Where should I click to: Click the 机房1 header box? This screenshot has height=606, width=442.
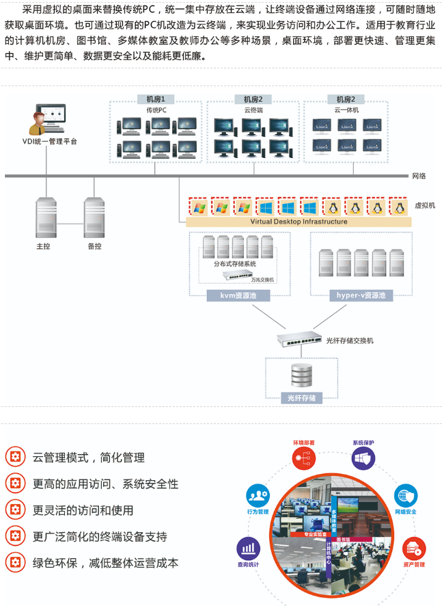pos(156,98)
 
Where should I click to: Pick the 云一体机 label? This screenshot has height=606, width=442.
pos(346,109)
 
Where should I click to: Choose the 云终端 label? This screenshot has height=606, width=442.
pos(253,109)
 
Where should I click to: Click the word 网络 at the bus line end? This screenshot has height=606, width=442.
pos(419,176)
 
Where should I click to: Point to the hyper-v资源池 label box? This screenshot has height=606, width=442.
pos(361,295)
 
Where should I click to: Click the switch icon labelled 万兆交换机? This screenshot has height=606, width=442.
pos(237,275)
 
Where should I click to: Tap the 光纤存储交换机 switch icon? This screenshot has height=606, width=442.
pos(299,339)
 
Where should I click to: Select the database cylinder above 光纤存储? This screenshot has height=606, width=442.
pos(301,375)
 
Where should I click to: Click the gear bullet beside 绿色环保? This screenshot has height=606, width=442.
pos(15,563)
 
